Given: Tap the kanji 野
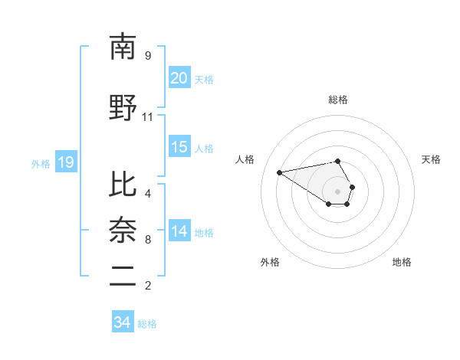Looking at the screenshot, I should [123, 107].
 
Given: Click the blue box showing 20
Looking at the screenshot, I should [179, 78].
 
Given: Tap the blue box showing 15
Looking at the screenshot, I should [179, 147].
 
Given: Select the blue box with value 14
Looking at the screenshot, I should [179, 231].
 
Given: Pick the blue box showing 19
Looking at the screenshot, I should [65, 162].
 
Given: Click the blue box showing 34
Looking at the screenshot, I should [122, 323].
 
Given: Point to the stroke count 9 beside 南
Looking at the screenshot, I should [148, 56].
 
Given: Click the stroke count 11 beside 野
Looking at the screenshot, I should [148, 117].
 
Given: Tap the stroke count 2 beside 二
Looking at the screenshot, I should [148, 286].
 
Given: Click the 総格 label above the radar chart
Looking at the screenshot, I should [337, 100].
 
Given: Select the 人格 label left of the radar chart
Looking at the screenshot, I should [245, 159].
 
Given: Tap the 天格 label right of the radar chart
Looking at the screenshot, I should [431, 159].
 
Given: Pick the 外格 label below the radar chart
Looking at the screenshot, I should [270, 262].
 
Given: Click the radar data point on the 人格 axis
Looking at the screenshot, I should [280, 172].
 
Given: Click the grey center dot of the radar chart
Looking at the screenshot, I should [337, 191].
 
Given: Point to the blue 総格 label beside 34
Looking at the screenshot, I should [147, 324].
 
